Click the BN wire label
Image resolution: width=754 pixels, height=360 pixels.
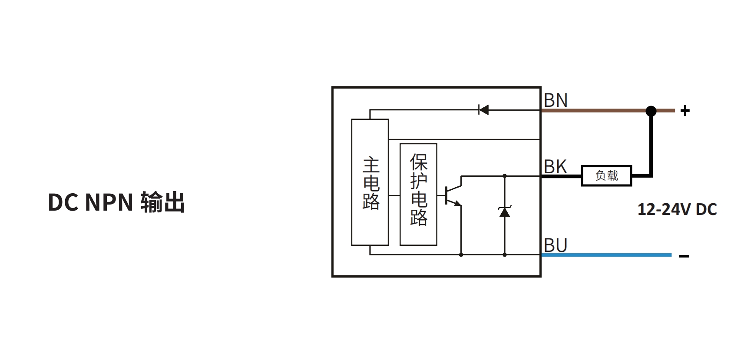[556, 100]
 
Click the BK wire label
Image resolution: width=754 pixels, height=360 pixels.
[556, 167]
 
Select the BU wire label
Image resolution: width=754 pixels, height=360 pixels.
[556, 245]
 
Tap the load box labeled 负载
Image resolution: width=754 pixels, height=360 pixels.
[606, 176]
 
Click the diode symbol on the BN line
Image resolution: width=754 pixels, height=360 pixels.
[483, 110]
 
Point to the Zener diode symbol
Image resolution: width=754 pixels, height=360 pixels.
[504, 212]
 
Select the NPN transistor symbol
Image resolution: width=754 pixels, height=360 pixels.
[452, 195]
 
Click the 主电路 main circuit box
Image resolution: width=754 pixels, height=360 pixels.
[370, 182]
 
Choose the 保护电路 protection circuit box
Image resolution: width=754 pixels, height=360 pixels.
[418, 194]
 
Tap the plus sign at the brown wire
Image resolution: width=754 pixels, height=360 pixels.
[685, 111]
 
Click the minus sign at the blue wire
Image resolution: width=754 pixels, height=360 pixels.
[684, 256]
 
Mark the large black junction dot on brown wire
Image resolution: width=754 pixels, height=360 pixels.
[651, 111]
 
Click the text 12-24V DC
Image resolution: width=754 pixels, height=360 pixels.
[677, 210]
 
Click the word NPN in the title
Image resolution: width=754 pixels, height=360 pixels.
[109, 203]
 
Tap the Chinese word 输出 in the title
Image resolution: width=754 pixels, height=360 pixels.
[163, 203]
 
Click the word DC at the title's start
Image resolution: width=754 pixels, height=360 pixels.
[63, 203]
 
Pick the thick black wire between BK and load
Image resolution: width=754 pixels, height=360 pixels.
[561, 176]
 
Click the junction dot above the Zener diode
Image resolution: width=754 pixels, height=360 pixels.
[505, 176]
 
